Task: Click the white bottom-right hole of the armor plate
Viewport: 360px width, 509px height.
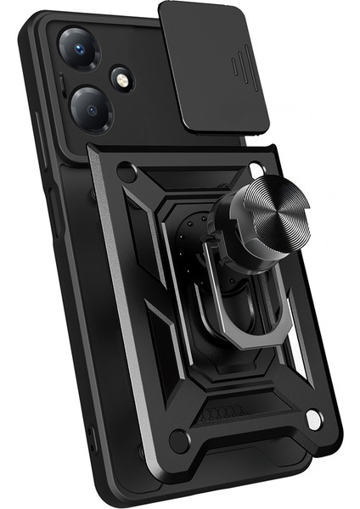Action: click(313, 418)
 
